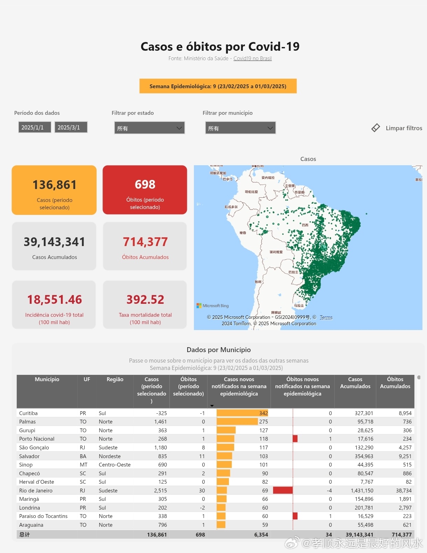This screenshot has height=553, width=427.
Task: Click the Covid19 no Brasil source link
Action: (x=252, y=58)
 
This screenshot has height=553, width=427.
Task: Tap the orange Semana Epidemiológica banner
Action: (x=218, y=86)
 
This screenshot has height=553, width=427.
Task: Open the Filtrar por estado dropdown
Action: (x=149, y=128)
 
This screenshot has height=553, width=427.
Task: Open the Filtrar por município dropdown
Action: (x=240, y=128)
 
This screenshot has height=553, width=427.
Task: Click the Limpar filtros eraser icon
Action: (x=376, y=128)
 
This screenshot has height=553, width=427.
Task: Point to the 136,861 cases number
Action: (x=54, y=185)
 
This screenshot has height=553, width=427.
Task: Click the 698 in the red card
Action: (x=145, y=184)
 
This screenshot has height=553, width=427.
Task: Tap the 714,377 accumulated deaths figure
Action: (x=145, y=242)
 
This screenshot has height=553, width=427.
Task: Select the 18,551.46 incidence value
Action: (x=54, y=300)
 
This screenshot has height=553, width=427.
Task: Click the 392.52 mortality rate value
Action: (x=145, y=300)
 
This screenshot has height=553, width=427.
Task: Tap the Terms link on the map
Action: (x=326, y=317)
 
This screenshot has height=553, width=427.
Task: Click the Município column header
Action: (x=47, y=379)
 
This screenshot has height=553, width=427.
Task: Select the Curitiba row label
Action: (x=28, y=413)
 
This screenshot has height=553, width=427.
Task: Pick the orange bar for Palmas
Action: (x=237, y=422)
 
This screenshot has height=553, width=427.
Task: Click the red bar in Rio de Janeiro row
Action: (x=282, y=491)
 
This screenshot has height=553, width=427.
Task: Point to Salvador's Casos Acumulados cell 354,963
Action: (x=364, y=456)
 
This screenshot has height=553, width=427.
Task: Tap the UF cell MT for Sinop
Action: (x=83, y=465)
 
